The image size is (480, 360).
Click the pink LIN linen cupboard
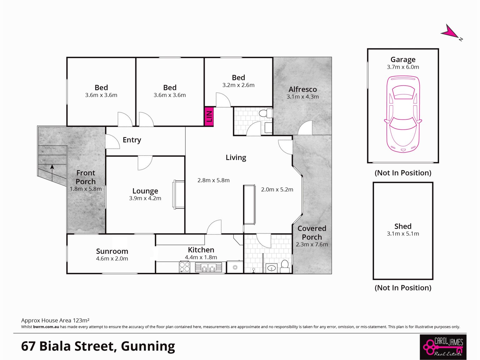tap(209, 117)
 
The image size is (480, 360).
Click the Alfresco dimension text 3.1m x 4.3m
tap(302, 97)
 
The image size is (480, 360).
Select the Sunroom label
tap(112, 251)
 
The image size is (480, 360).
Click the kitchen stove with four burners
tap(185, 267)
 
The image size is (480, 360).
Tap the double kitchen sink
tap(208, 267)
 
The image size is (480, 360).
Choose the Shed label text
tap(403, 226)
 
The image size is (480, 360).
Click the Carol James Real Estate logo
tap(443, 347)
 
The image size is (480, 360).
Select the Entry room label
tap(132, 140)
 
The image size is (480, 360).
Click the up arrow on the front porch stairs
tap(52, 173)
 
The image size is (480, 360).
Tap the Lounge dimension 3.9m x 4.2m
tap(145, 198)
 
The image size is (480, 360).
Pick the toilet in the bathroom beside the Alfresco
tap(266, 113)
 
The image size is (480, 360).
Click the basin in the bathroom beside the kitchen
tap(272, 268)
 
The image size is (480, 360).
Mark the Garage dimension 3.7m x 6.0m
tap(403, 67)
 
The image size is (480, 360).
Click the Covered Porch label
tap(312, 232)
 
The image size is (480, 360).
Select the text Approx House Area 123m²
tap(55, 320)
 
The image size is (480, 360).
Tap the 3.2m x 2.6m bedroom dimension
tap(238, 85)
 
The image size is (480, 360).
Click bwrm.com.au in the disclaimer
tap(46, 327)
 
